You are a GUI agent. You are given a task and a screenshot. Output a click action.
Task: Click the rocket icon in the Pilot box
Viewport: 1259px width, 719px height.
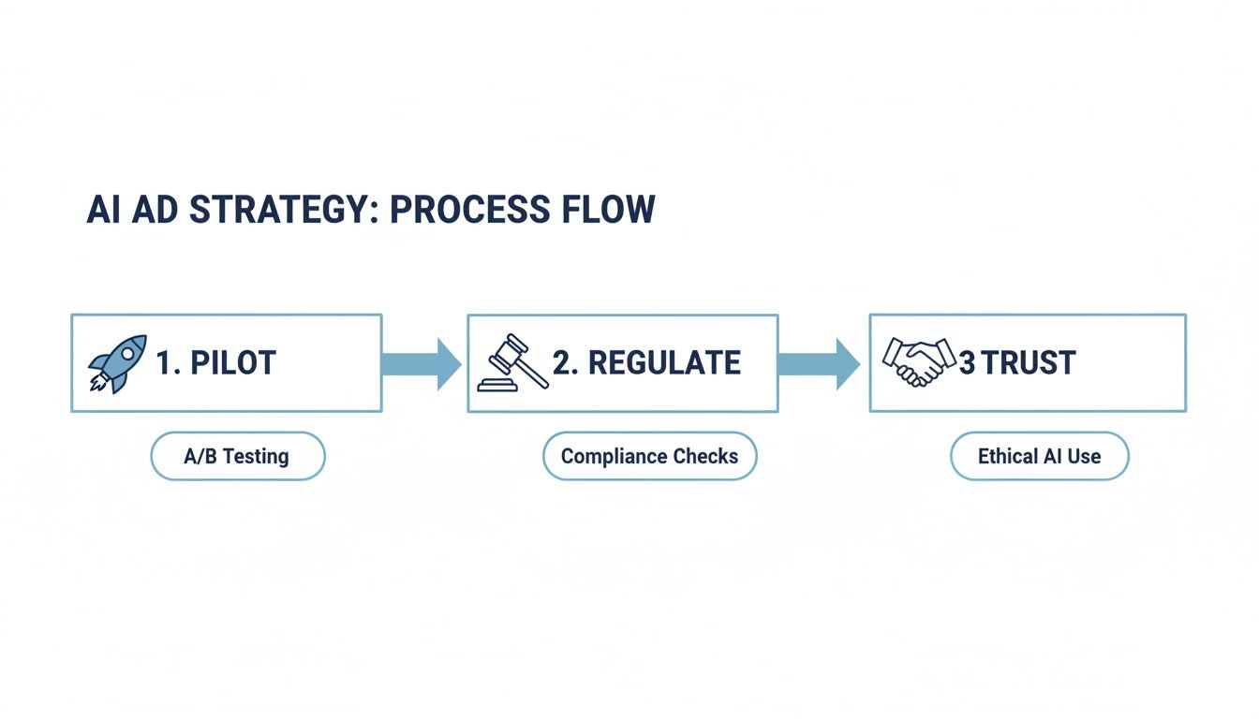pos(117,363)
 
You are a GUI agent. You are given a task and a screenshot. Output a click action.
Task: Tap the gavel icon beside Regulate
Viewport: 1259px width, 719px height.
pos(512,363)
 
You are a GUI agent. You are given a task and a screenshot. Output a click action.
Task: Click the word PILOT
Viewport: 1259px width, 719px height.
pos(233,363)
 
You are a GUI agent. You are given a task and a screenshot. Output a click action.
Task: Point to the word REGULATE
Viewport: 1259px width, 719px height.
pos(664,363)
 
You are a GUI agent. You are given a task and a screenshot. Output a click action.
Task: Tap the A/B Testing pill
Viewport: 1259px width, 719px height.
pos(238,457)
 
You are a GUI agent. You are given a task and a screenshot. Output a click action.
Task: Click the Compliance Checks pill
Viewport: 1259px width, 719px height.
pos(649,457)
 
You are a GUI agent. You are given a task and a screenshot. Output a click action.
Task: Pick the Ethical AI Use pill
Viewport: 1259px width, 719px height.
pos(1039,457)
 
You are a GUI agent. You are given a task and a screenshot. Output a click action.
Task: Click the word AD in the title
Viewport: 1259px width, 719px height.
pos(155,210)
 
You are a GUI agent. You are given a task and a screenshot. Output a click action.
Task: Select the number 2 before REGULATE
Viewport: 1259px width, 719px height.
pos(564,363)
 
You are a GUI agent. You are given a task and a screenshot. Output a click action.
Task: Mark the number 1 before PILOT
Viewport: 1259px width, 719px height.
pos(166,363)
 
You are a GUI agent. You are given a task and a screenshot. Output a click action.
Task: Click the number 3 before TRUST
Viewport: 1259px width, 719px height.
pos(967,363)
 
